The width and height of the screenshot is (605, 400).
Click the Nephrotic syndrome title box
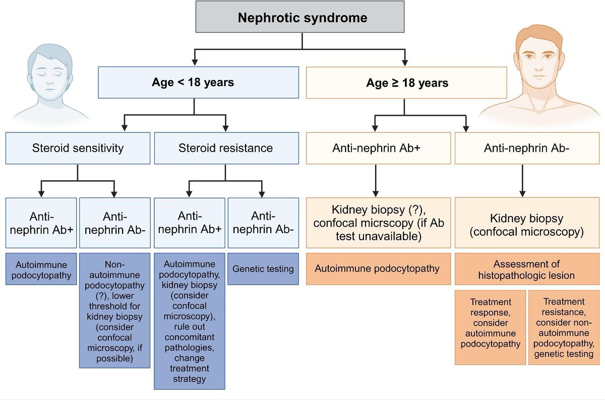(301, 19)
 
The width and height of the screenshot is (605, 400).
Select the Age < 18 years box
(193, 82)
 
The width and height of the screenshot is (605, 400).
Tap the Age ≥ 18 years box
(407, 82)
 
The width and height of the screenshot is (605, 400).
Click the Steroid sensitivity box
(78, 148)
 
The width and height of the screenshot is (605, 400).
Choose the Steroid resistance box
(225, 148)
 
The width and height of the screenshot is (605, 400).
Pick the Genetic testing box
(263, 269)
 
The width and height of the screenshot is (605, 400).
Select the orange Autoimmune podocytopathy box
(377, 269)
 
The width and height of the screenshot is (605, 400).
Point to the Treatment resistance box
(565, 327)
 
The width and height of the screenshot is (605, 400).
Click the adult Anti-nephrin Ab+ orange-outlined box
(377, 148)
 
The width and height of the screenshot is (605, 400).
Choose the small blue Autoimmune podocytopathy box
(40, 269)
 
